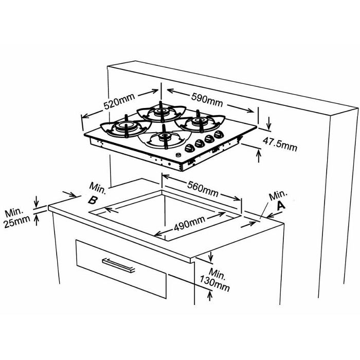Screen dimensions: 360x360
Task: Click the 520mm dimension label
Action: [x=119, y=101]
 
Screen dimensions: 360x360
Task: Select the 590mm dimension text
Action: [x=207, y=100]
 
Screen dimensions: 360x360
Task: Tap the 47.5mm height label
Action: [x=280, y=144]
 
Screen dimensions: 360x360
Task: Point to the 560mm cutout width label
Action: [x=203, y=189]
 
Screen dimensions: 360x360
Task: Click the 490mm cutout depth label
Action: [x=189, y=224]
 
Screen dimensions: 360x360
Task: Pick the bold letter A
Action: [x=281, y=206]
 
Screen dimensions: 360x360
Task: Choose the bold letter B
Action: [x=93, y=201]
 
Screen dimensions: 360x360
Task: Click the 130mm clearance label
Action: [x=214, y=284]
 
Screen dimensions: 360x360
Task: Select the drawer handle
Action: [x=118, y=265]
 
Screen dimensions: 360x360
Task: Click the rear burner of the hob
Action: [x=161, y=112]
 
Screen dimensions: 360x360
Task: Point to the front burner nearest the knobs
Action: [x=165, y=138]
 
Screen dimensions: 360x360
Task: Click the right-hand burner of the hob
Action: [x=200, y=122]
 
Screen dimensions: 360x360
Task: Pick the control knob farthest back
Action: [x=219, y=135]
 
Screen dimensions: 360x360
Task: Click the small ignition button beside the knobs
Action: [x=178, y=155]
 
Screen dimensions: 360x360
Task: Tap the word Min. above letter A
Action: [x=278, y=195]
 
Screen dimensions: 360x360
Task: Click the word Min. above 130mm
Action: [x=217, y=273]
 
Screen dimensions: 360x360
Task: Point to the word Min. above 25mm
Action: [x=14, y=213]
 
